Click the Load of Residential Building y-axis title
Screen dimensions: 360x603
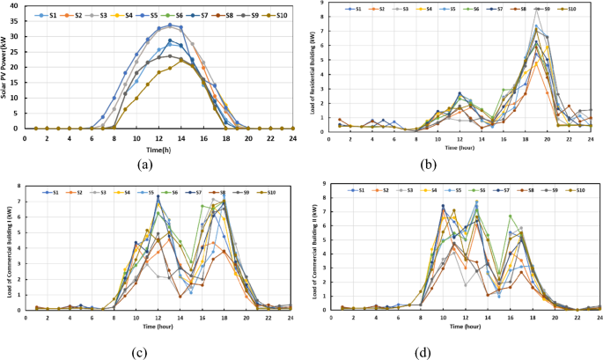coord(313,67)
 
